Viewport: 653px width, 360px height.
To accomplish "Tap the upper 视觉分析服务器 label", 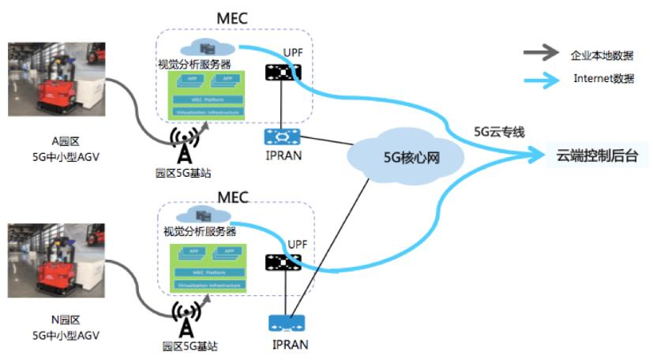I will (196, 63).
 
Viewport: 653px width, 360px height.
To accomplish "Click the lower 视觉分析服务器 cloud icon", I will (202, 214).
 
